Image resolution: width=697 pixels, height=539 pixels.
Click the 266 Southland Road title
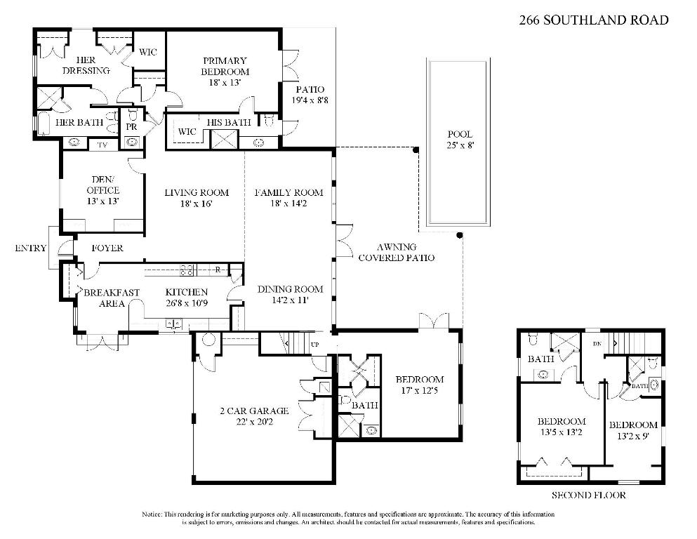coord(593,20)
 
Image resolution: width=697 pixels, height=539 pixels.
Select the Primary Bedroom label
coord(225,66)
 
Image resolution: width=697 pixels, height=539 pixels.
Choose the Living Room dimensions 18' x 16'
coord(187,204)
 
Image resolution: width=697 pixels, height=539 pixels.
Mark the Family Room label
coord(288,192)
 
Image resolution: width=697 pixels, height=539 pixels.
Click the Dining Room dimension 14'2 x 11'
coord(289,300)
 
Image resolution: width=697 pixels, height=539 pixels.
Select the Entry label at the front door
coord(30,248)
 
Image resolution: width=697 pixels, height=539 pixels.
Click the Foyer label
coord(107,248)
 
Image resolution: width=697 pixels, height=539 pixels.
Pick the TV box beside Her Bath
coord(102,145)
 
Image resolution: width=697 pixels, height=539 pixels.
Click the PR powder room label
coord(131,127)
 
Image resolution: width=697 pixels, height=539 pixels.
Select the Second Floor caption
coord(588,495)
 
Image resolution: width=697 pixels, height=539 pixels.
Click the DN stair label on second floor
coord(597,343)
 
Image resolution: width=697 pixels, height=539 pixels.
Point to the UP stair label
coord(314,345)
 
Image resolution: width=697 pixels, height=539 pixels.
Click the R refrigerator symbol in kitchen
coord(219,269)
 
